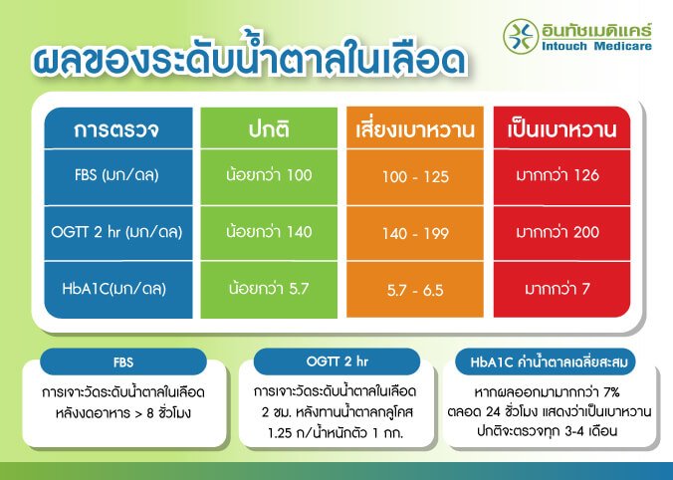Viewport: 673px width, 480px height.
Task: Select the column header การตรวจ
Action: coord(116,131)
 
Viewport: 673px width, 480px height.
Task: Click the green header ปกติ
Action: coord(269,131)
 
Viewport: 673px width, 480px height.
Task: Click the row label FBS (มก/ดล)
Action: coord(116,176)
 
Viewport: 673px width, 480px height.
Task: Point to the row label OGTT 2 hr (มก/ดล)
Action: coord(116,232)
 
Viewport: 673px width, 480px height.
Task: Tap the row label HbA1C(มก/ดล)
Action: coord(116,289)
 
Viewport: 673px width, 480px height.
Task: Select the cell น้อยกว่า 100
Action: coord(269,176)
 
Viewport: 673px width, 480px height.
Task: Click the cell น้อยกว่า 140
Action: coord(269,232)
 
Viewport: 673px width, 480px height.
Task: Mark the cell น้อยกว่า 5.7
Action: coord(269,289)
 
